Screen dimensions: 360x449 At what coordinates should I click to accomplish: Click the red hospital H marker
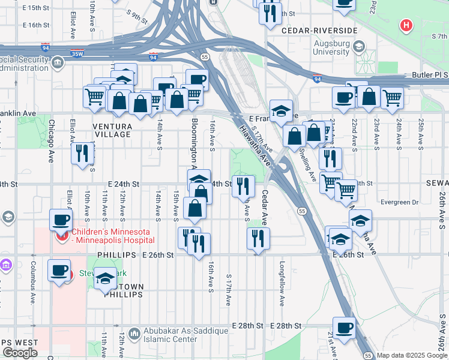[406, 26]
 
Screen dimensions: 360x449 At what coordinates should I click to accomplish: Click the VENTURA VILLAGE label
[112, 130]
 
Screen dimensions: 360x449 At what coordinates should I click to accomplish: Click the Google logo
[20, 352]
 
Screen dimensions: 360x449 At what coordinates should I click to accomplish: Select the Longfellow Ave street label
[282, 276]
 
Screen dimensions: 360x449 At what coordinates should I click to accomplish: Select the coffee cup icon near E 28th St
[344, 328]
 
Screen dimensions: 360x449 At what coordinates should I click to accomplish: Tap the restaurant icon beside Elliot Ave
[82, 153]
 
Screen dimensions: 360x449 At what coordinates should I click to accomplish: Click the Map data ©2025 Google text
[412, 355]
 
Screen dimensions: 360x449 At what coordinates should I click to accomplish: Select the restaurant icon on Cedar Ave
[258, 238]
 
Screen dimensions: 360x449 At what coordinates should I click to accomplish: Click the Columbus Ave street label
[32, 277]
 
